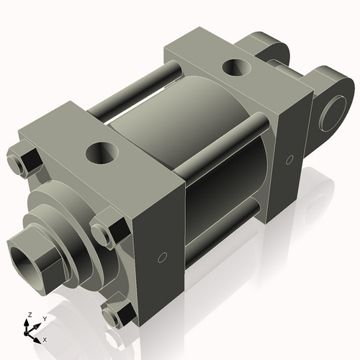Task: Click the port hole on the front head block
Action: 101,152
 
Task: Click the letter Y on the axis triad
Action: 44,318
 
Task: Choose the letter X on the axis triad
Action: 45,338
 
